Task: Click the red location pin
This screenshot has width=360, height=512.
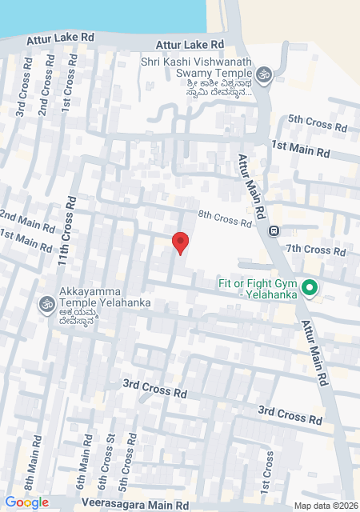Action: (x=181, y=242)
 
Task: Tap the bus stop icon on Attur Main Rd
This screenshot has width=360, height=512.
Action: (x=274, y=231)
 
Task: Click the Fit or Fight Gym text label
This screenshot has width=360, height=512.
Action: (x=258, y=288)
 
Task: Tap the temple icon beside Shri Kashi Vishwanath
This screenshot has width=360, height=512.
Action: (x=264, y=75)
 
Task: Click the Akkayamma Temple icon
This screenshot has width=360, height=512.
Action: (x=46, y=304)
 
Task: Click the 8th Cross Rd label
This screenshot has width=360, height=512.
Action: (x=225, y=219)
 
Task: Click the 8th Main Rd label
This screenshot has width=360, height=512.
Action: (x=33, y=471)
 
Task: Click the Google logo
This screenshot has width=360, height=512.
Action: (x=26, y=502)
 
